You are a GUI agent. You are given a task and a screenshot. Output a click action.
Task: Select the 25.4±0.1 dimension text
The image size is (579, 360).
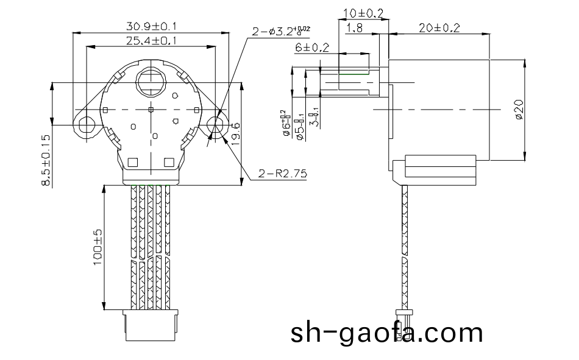point(152,40)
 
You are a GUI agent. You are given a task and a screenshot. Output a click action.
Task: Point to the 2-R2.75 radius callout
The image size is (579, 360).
point(282,174)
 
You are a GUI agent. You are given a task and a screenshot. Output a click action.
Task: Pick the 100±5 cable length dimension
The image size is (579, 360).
point(97,250)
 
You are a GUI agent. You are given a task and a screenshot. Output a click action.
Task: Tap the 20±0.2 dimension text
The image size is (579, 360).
point(439,27)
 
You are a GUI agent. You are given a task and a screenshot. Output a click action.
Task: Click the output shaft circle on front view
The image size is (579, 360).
point(150,80)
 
